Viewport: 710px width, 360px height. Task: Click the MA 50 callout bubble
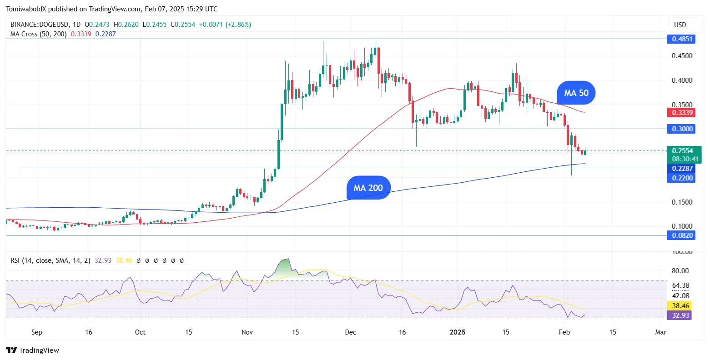[576, 93]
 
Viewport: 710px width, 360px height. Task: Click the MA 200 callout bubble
[368, 188]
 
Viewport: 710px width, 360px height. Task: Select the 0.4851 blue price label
[682, 39]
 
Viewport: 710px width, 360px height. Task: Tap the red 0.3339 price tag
[682, 113]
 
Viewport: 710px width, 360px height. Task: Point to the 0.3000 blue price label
[682, 129]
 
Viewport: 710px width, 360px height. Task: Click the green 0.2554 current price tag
[684, 151]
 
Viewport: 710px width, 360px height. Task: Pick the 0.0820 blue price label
[682, 235]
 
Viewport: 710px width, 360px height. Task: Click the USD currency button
[680, 25]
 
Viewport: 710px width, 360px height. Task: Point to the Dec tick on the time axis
[350, 332]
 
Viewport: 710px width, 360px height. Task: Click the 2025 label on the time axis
[457, 332]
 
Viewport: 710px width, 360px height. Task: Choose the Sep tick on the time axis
[37, 332]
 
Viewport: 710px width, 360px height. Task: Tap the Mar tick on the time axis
[660, 332]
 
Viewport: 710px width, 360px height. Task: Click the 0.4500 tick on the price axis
[682, 56]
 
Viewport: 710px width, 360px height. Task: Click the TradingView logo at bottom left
[32, 350]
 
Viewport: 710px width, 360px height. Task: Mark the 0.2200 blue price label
[682, 178]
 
